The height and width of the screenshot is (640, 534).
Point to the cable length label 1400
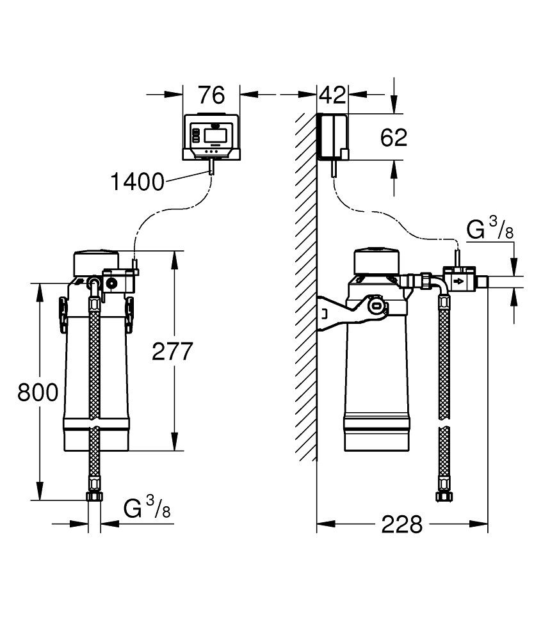click(137, 182)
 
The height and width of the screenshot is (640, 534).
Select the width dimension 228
click(402, 525)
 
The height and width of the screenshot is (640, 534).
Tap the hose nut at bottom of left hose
click(94, 497)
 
